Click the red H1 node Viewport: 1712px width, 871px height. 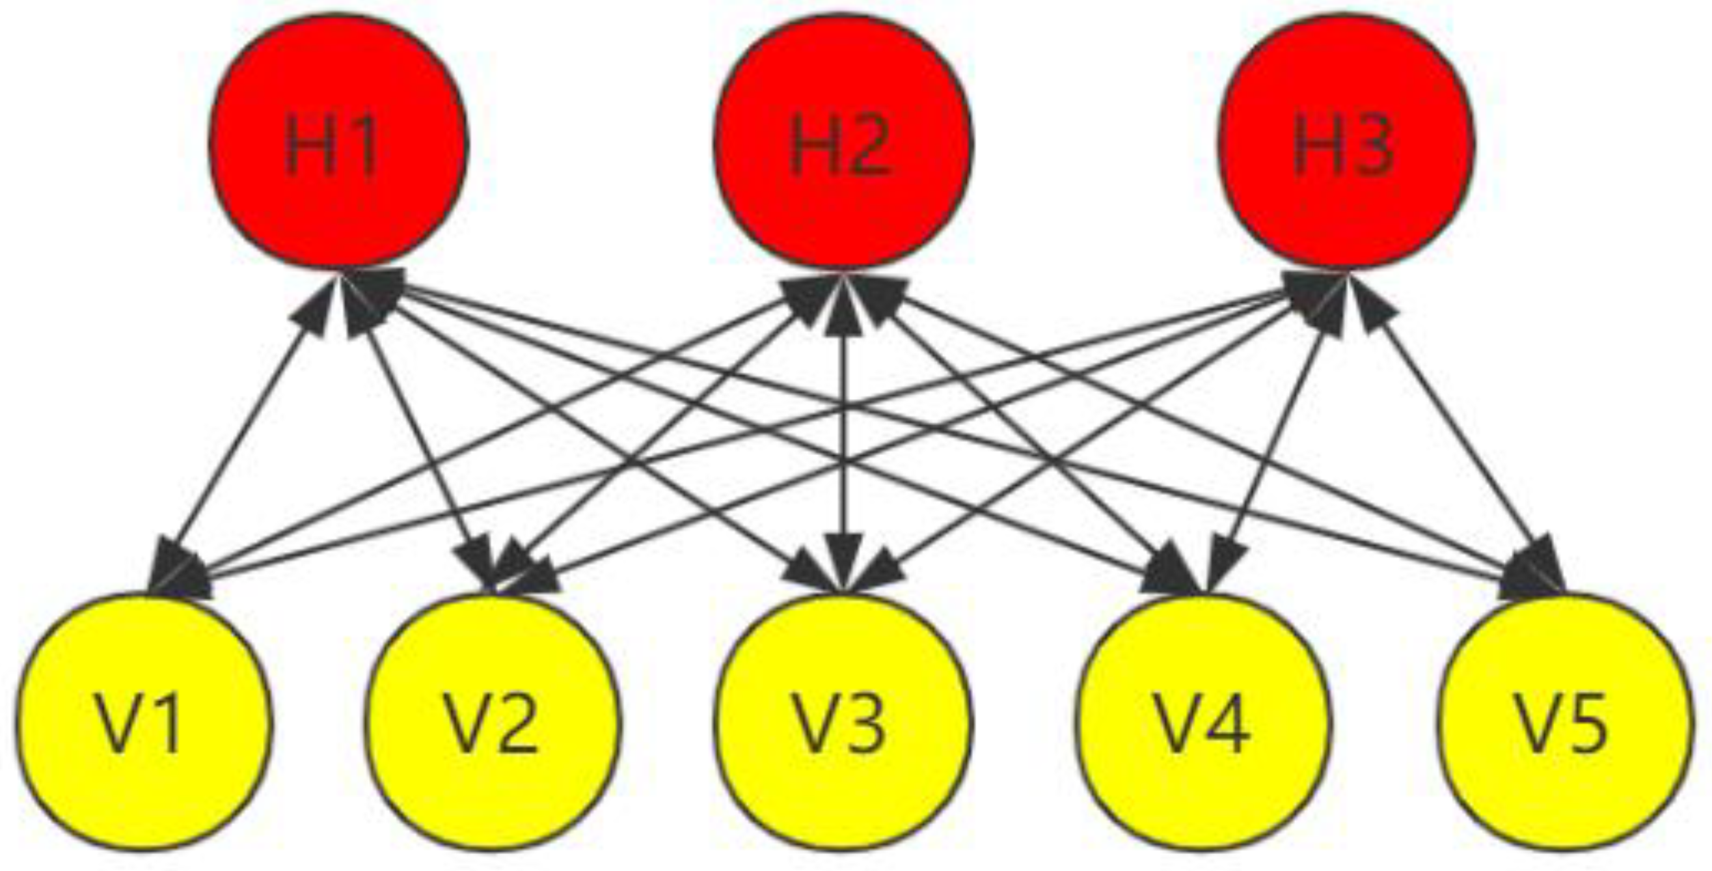338,141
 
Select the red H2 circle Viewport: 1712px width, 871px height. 843,141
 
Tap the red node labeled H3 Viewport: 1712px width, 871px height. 1345,141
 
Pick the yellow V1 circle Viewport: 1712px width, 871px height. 144,721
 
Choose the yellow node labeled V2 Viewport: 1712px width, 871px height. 492,721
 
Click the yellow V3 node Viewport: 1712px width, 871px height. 843,721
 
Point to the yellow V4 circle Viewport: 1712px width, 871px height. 1203,721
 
